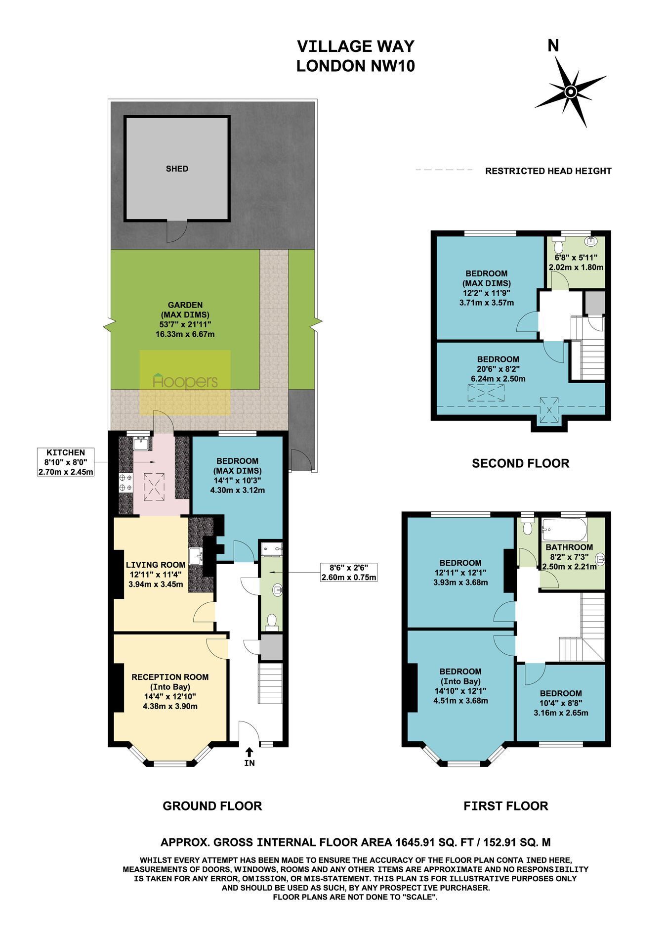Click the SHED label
(177, 169)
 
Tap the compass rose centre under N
(570, 92)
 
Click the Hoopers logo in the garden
(185, 382)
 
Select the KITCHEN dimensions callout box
(66, 462)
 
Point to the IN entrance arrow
(249, 752)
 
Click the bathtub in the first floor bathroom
(564, 530)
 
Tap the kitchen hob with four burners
(125, 483)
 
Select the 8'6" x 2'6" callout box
(349, 573)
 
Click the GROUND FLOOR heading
(212, 806)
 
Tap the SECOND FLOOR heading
(520, 463)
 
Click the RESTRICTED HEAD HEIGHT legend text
(548, 171)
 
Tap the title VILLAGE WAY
(355, 46)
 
